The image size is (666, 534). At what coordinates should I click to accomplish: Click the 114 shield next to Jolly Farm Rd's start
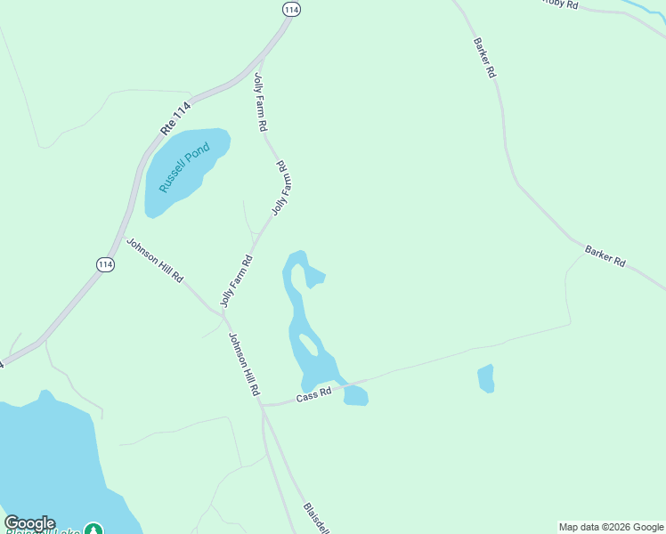[291, 9]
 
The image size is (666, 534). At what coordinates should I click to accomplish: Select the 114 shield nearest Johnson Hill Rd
[105, 265]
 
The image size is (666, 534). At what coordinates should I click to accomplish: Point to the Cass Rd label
[313, 392]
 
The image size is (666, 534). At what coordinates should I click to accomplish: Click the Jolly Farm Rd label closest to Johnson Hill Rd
[237, 280]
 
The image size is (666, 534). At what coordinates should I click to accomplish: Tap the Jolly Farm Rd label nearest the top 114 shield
[260, 101]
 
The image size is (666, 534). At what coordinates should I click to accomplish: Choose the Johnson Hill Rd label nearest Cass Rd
[243, 364]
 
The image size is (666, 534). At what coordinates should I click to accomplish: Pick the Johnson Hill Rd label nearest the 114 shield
[154, 260]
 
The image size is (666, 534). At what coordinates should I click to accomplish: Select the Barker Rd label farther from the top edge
[605, 257]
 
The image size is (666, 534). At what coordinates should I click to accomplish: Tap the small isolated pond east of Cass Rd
[485, 378]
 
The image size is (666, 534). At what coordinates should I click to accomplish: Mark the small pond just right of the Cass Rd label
[356, 395]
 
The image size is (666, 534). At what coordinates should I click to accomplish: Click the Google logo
[29, 523]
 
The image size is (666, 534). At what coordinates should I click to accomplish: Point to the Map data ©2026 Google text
[611, 527]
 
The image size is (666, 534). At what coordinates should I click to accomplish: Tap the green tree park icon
[93, 529]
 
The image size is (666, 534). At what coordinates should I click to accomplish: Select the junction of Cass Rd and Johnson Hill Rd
[262, 405]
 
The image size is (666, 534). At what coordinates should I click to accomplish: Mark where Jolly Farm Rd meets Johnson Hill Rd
[222, 312]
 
